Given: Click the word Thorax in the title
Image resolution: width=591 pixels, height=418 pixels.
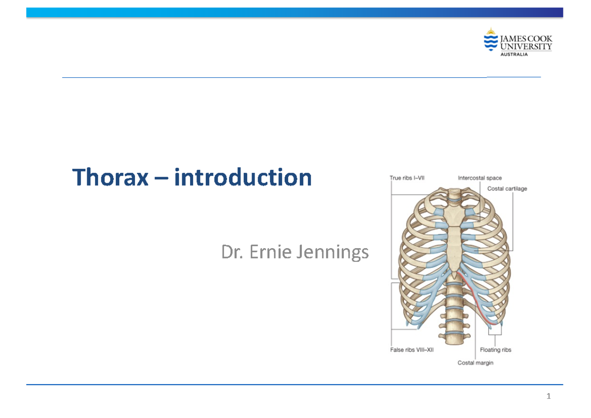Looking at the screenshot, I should (110, 178).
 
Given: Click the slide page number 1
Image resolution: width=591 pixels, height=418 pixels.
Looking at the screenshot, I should (548, 396).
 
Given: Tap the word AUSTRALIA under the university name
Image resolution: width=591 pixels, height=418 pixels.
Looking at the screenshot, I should (514, 55).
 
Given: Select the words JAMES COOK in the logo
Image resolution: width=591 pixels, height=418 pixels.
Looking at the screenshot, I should (525, 38).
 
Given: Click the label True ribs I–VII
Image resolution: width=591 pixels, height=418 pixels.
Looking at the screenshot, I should (407, 178).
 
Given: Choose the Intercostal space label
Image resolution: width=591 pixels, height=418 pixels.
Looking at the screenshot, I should (480, 178).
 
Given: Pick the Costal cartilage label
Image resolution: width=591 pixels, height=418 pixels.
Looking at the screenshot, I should (507, 189).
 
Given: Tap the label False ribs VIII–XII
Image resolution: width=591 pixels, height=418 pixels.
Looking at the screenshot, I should (412, 350).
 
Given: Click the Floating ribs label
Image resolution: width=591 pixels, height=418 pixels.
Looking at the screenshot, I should (495, 350).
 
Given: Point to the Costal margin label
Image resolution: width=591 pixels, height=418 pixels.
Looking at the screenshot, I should (475, 363).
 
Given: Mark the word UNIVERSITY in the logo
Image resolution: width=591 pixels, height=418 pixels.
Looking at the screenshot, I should (525, 47).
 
